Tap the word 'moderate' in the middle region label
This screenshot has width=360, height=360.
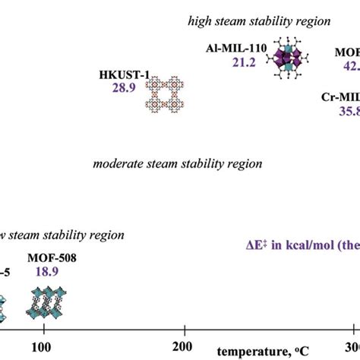[116, 163]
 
